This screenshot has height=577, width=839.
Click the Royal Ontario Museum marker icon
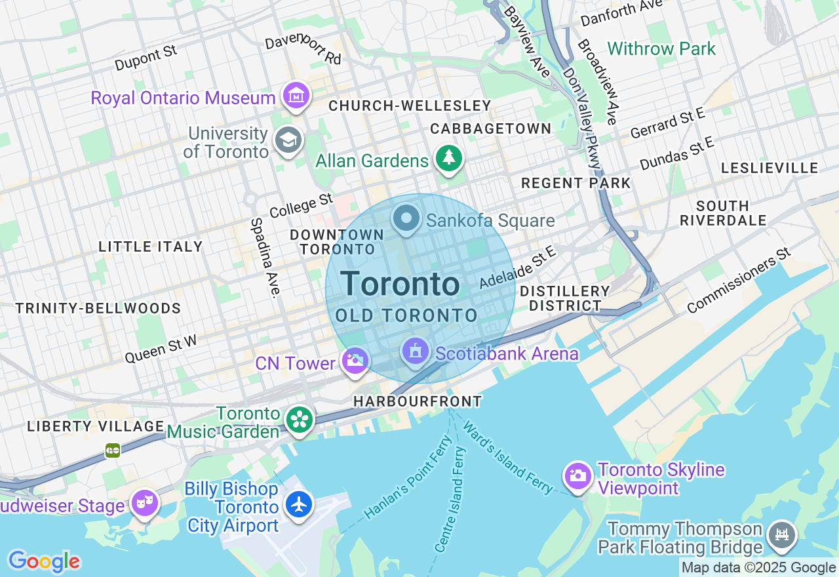pyautogui.click(x=296, y=96)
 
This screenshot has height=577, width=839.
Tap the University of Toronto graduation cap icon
pyautogui.click(x=288, y=140)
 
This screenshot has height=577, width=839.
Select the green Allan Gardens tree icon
pyautogui.click(x=448, y=159)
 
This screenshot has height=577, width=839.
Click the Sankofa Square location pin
pyautogui.click(x=406, y=218)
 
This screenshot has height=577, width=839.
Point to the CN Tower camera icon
pyautogui.click(x=355, y=361)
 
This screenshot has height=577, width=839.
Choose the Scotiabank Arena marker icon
pyautogui.click(x=415, y=353)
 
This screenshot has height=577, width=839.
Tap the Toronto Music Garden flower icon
pyautogui.click(x=300, y=420)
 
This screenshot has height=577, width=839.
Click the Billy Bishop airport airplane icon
pyautogui.click(x=300, y=505)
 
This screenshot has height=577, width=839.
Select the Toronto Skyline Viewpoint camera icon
pyautogui.click(x=578, y=477)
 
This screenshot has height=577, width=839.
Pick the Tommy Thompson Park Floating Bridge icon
pyautogui.click(x=781, y=534)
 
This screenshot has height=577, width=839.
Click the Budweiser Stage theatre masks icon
pyautogui.click(x=145, y=504)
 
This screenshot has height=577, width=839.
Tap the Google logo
pyautogui.click(x=44, y=561)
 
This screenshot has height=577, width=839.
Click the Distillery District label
pyautogui.click(x=565, y=298)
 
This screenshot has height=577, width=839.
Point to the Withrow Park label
pyautogui.click(x=661, y=49)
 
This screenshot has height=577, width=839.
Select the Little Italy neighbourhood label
pyautogui.click(x=150, y=247)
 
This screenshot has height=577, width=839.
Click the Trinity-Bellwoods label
pyautogui.click(x=98, y=309)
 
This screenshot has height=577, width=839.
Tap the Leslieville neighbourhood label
pyautogui.click(x=770, y=169)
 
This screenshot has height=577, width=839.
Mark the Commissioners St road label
pyautogui.click(x=739, y=281)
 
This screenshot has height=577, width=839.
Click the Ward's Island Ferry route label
pyautogui.click(x=508, y=456)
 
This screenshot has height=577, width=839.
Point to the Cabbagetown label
pyautogui.click(x=491, y=129)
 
